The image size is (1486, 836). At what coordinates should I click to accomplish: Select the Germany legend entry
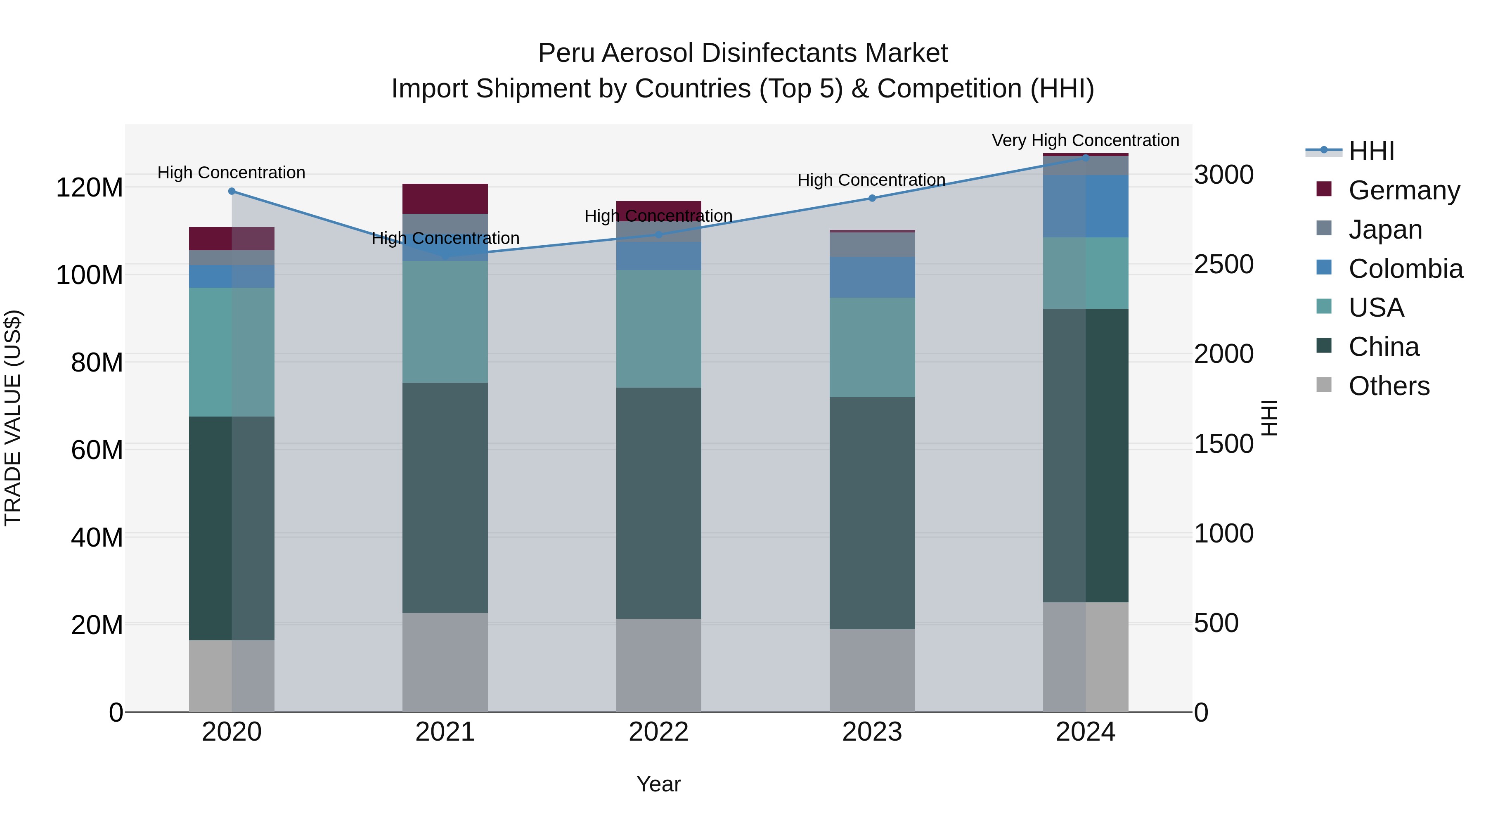(x=1403, y=190)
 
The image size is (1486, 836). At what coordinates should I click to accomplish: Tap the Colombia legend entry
(x=1405, y=268)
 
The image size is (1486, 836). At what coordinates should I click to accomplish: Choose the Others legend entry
(x=1389, y=386)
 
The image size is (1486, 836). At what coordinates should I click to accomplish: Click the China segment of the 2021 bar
(x=445, y=497)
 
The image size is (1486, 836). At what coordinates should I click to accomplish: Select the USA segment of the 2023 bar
(x=872, y=347)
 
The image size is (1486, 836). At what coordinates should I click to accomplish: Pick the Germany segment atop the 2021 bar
(x=445, y=199)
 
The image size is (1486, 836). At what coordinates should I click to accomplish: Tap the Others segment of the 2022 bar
(x=658, y=665)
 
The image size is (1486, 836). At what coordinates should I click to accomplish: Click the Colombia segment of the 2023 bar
(x=872, y=277)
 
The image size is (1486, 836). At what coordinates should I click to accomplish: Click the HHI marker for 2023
(x=872, y=198)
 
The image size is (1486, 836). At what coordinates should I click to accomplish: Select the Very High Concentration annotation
(x=1085, y=140)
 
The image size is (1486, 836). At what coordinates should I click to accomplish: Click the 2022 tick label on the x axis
(x=658, y=732)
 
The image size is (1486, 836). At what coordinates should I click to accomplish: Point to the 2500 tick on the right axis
(x=1223, y=264)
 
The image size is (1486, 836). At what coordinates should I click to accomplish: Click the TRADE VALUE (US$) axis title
(x=13, y=418)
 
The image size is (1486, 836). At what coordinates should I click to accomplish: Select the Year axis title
(x=658, y=784)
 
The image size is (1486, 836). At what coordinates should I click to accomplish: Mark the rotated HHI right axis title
(x=1269, y=418)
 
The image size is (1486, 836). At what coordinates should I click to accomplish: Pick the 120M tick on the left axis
(x=90, y=187)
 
